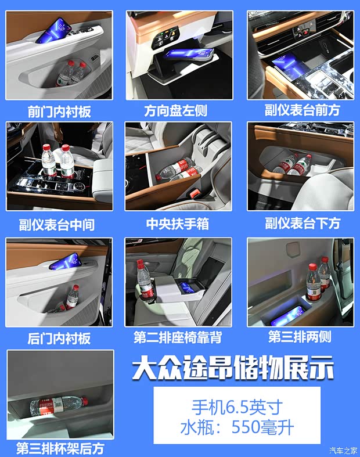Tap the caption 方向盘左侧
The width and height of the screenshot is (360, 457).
coord(175,110)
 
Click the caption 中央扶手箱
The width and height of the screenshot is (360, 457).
coord(178,224)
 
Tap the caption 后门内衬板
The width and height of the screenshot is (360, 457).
coord(59,339)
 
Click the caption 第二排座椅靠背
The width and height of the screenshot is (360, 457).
coord(178,337)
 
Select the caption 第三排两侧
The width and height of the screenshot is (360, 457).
coord(300,336)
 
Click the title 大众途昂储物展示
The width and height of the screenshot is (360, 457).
coord(233,367)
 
